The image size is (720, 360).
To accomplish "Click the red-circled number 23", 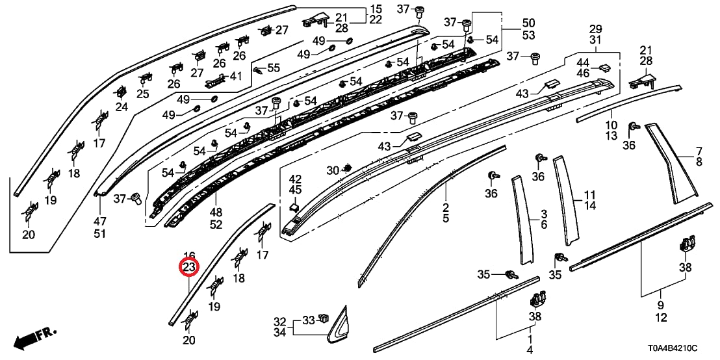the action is [189, 267].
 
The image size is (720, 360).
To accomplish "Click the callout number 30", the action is [332, 171].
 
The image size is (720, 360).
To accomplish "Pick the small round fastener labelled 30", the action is [347, 169].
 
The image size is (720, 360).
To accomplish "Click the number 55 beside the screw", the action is [273, 68].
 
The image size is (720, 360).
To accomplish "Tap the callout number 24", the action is [122, 107].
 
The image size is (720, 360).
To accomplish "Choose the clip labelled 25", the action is [144, 79].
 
